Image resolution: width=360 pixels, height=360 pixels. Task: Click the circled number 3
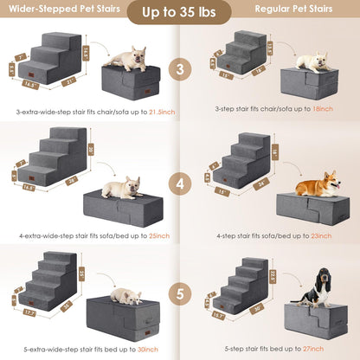[x=179, y=68]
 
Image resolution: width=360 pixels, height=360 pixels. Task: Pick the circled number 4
[x=179, y=184]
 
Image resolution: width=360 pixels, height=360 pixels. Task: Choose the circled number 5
[x=179, y=292]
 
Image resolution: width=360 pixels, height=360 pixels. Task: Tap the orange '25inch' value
[x=157, y=235]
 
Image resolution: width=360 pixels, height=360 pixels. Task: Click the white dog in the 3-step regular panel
[x=311, y=61]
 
